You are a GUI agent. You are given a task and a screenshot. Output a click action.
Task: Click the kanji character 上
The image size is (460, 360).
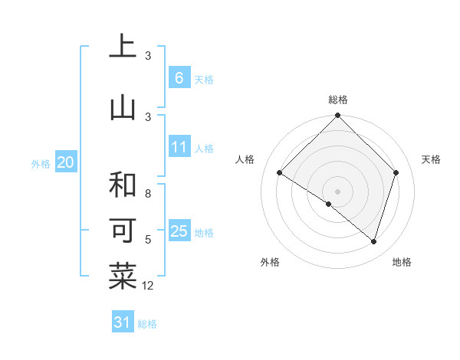click(x=123, y=47)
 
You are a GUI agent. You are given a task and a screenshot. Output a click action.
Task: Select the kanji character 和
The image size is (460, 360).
click(x=123, y=185)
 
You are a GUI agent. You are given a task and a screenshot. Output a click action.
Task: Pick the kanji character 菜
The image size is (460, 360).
click(x=123, y=277)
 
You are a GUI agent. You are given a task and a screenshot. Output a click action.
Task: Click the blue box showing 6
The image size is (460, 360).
click(x=179, y=78)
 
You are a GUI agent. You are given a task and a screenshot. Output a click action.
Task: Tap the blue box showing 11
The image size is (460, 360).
click(x=179, y=147)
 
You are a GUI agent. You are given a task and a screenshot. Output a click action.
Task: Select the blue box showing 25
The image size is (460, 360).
click(x=179, y=231)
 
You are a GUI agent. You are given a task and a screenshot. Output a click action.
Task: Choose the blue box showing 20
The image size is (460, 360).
click(x=66, y=162)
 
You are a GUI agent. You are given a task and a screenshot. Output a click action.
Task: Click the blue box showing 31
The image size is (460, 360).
click(x=123, y=322)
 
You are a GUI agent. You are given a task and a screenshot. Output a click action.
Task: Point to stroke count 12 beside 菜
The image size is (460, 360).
click(x=148, y=286)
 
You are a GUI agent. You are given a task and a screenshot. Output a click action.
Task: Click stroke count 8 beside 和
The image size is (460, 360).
click(x=148, y=194)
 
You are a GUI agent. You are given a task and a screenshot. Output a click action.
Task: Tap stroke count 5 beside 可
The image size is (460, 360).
click(x=148, y=240)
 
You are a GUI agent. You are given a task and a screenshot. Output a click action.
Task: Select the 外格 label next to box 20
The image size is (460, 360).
click(x=41, y=163)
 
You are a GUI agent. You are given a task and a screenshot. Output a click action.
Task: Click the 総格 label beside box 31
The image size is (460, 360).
click(x=147, y=324)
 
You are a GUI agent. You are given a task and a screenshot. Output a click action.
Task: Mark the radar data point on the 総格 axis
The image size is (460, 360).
click(x=337, y=116)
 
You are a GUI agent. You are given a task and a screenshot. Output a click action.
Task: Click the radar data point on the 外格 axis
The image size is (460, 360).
click(x=329, y=205)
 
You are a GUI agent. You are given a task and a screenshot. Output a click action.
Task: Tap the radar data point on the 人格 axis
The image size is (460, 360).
click(x=280, y=172)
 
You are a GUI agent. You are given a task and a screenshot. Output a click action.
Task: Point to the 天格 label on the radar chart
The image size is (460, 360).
click(x=432, y=159)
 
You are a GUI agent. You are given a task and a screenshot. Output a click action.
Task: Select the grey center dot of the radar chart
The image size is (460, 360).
click(x=337, y=191)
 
